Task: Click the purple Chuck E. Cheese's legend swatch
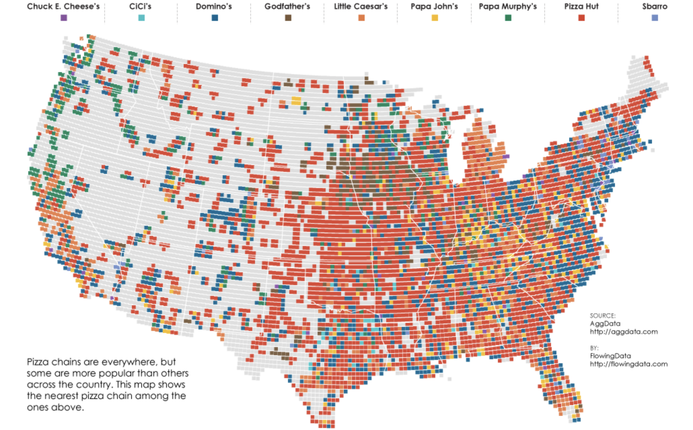pos(64,18)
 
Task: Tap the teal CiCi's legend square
pos(141,18)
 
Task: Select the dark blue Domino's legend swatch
pos(215,18)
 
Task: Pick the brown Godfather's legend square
pos(288,18)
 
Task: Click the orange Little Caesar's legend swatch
pos(361,18)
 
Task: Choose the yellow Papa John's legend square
pos(435,18)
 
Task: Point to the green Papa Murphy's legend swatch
pos(508,18)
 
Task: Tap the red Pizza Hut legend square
pos(581,18)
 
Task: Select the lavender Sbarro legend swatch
pos(655,18)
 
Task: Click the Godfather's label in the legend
pos(287,6)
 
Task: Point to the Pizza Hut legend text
pos(581,6)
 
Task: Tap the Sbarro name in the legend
pos(655,6)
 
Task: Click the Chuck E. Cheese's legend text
pos(63,6)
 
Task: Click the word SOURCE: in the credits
pos(603,316)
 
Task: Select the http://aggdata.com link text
pos(624,332)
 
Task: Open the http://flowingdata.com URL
pos(628,364)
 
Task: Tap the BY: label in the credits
pos(594,348)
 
